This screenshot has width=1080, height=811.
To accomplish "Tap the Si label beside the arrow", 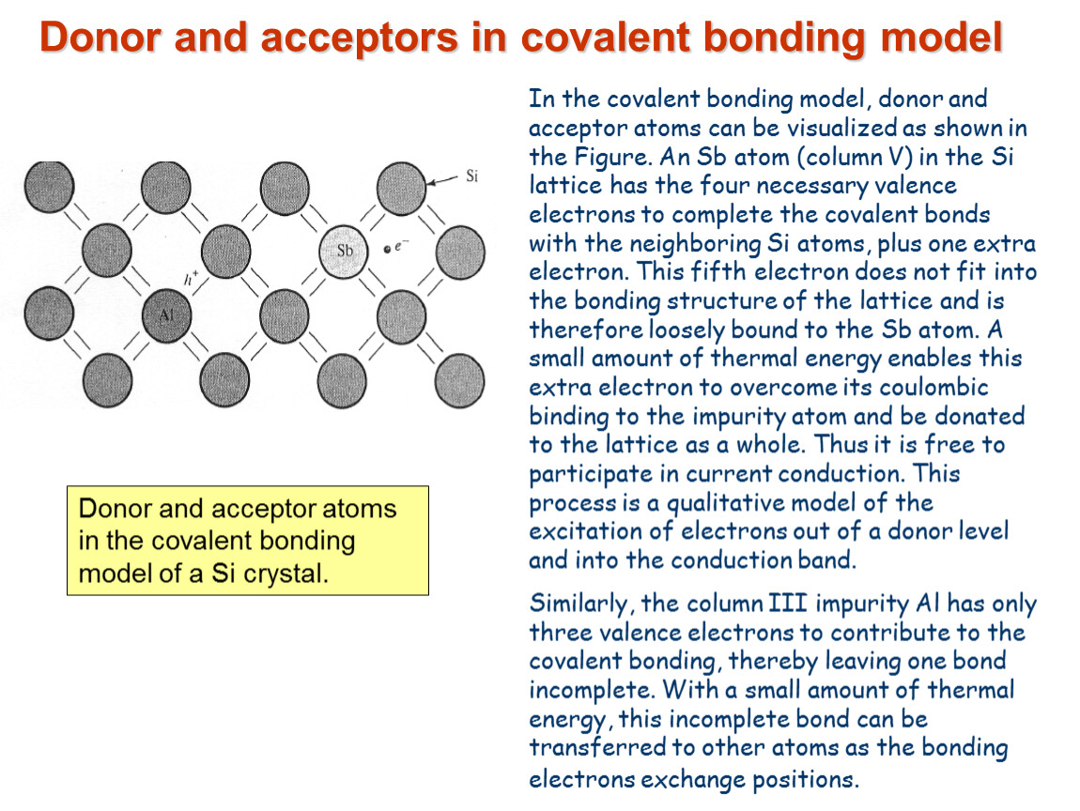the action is [471, 176].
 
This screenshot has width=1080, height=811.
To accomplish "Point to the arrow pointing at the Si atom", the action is [442, 180].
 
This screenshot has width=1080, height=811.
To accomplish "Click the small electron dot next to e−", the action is [387, 250].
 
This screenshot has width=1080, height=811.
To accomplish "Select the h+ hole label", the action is [191, 278].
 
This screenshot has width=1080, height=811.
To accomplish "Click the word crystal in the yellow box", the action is [288, 573].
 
